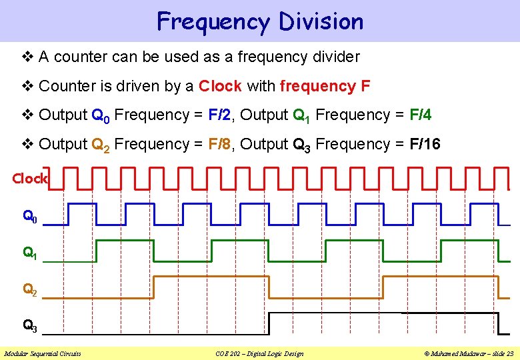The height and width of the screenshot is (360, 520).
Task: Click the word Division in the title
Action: pyautogui.click(x=321, y=21)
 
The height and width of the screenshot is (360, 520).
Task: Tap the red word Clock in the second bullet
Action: pyautogui.click(x=220, y=86)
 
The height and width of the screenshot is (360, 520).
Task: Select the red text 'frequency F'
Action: pyautogui.click(x=325, y=86)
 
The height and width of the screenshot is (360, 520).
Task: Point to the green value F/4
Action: pyautogui.click(x=419, y=115)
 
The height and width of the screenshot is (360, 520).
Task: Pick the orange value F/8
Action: pyautogui.click(x=221, y=144)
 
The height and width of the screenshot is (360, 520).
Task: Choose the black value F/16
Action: pyautogui.click(x=423, y=144)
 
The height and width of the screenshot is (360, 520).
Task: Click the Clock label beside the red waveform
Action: pyautogui.click(x=29, y=179)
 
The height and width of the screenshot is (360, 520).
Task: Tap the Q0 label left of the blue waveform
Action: pyautogui.click(x=30, y=217)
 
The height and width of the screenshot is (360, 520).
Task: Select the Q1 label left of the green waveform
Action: pyautogui.click(x=30, y=253)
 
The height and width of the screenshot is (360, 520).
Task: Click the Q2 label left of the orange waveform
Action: pyautogui.click(x=30, y=290)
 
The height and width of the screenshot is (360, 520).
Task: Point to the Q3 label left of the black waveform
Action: pyautogui.click(x=30, y=327)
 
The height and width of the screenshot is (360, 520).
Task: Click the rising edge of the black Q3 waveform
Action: pyautogui.click(x=268, y=323)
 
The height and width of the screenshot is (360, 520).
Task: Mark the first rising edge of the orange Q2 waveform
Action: pyautogui.click(x=154, y=287)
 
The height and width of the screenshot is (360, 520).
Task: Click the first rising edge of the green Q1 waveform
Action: pyautogui.click(x=97, y=250)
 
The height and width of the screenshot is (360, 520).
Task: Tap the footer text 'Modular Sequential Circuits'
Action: pyautogui.click(x=43, y=353)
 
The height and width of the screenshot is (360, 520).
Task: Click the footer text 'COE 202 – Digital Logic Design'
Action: pyautogui.click(x=260, y=353)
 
